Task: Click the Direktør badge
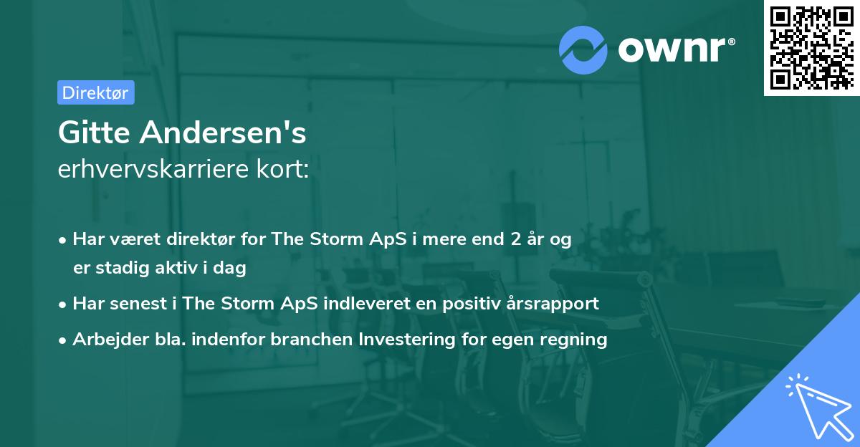click(x=95, y=92)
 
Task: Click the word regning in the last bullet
click(x=575, y=340)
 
